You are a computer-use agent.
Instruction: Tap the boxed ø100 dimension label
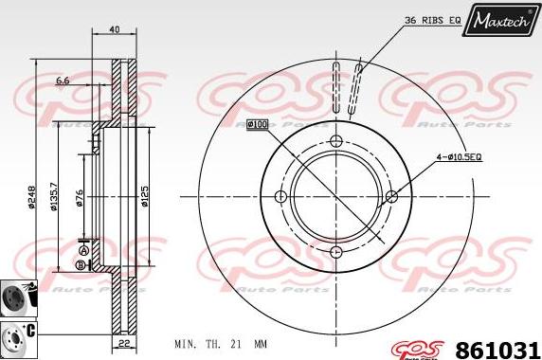(x=257, y=124)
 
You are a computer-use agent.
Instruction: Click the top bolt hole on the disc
(x=335, y=141)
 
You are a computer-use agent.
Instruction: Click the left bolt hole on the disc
(x=280, y=196)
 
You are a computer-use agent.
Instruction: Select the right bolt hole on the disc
(x=391, y=196)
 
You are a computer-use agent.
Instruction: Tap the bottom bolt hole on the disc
(x=335, y=252)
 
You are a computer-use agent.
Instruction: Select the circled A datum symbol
(x=83, y=251)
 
